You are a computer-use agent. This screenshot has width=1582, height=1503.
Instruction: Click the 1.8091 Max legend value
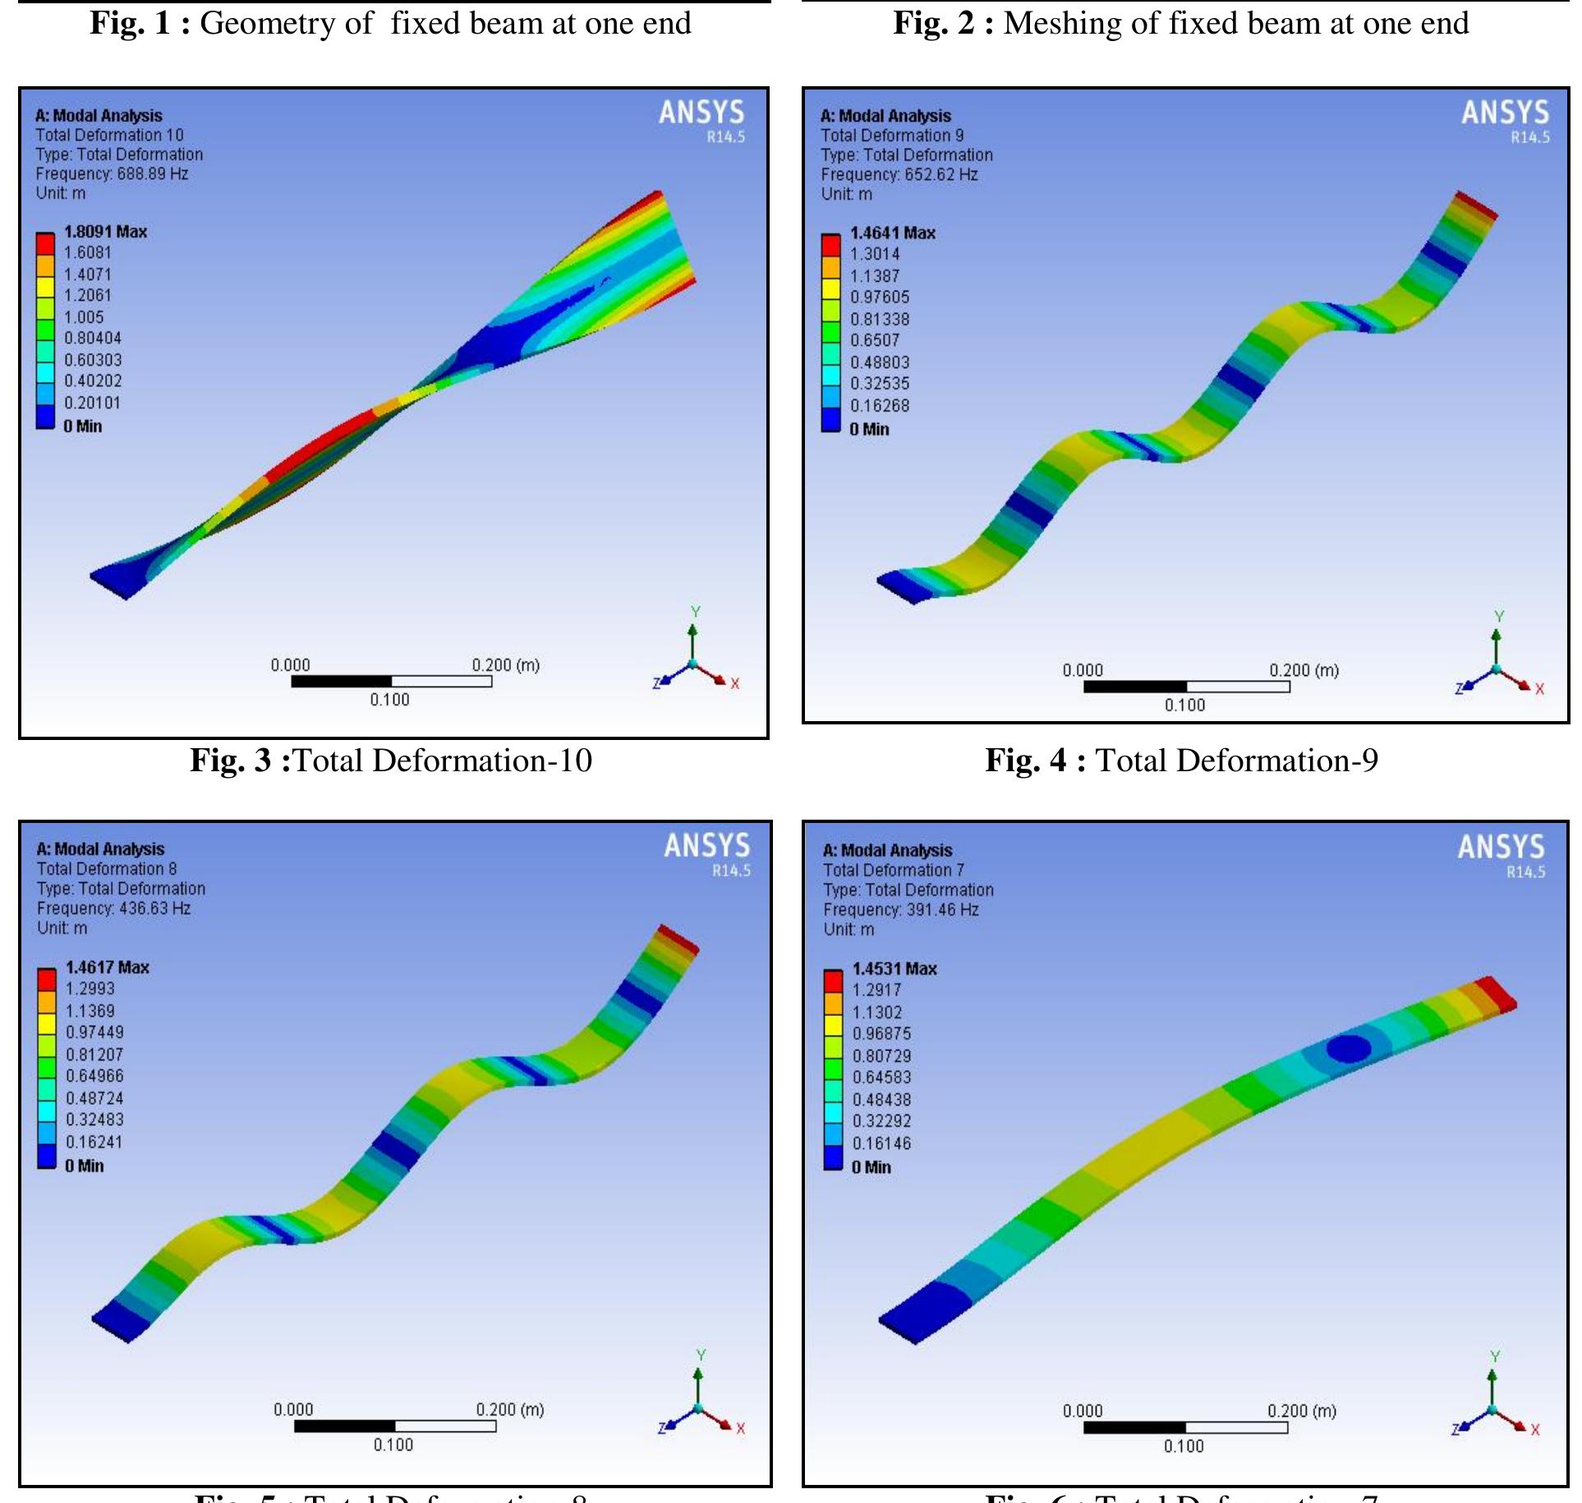tap(105, 232)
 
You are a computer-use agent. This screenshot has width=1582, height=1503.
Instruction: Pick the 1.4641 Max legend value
tap(892, 233)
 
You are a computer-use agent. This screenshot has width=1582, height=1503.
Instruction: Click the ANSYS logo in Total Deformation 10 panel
tap(701, 113)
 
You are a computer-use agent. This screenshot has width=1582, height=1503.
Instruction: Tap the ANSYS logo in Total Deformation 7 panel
tap(1501, 848)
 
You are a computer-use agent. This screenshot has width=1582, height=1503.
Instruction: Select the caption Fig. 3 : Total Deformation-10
tap(391, 761)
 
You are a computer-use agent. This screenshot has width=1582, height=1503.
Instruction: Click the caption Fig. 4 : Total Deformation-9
tap(1181, 761)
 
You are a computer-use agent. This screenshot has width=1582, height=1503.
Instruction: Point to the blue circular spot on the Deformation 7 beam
tap(1349, 1048)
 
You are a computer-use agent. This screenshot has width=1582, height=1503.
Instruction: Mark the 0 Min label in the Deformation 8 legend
tap(85, 1165)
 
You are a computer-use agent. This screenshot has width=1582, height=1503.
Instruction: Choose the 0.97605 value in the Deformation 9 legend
tap(880, 297)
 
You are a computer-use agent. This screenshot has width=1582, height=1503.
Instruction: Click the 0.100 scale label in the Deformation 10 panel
tap(389, 700)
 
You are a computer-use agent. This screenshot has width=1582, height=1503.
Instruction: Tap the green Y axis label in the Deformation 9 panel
tap(1499, 616)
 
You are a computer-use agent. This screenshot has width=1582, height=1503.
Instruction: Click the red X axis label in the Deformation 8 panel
tap(740, 1428)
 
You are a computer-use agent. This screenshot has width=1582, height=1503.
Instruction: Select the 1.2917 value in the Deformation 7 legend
tap(876, 991)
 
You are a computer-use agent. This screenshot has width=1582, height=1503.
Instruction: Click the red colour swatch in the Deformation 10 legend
tap(45, 244)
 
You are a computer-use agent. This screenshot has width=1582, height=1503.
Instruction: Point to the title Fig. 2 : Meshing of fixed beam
tap(1181, 23)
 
